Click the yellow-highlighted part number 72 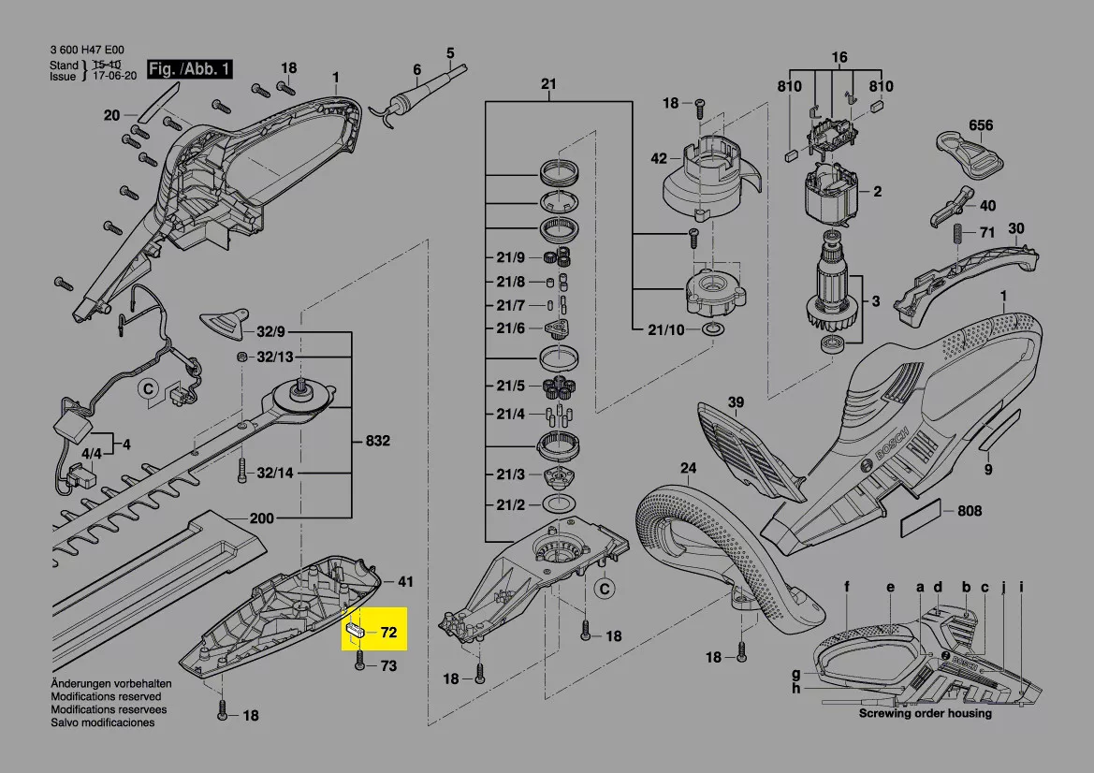coord(388,632)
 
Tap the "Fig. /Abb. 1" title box coord(189,69)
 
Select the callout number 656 coord(980,125)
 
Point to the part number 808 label coord(970,511)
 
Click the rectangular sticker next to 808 coord(920,518)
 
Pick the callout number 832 coord(377,441)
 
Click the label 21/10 coord(666,329)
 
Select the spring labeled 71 coord(958,233)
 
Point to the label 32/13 coord(275,357)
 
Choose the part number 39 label coord(737,402)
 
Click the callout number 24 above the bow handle coord(689,467)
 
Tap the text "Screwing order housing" coord(926,713)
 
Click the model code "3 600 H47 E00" coord(87,50)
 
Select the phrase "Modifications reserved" coord(106,696)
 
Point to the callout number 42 coord(659,158)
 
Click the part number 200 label coord(262,518)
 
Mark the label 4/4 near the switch coord(92,454)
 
